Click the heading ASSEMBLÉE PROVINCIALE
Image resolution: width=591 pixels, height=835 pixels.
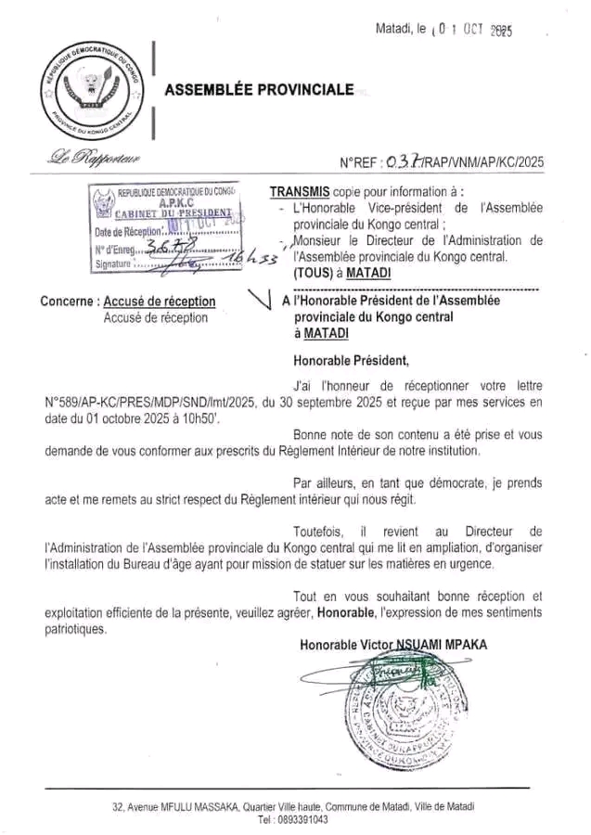tap(259, 90)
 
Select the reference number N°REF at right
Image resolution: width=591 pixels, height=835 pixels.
tap(442, 162)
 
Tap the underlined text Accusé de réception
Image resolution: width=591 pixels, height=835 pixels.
tap(160, 302)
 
